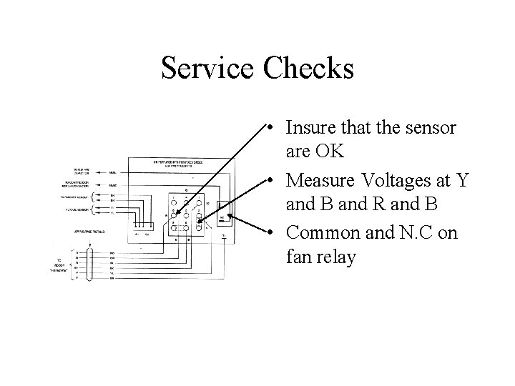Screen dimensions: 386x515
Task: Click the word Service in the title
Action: pyautogui.click(x=207, y=69)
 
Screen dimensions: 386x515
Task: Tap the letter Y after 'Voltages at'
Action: pyautogui.click(x=461, y=180)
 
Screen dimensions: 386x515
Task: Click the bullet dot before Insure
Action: pyautogui.click(x=266, y=128)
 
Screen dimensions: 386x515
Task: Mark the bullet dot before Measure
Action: pyautogui.click(x=266, y=181)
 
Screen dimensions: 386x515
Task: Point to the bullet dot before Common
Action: pyautogui.click(x=266, y=234)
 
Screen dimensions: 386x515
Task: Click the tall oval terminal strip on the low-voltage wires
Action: pyautogui.click(x=89, y=264)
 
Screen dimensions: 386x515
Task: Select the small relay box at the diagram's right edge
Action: pyautogui.click(x=225, y=214)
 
